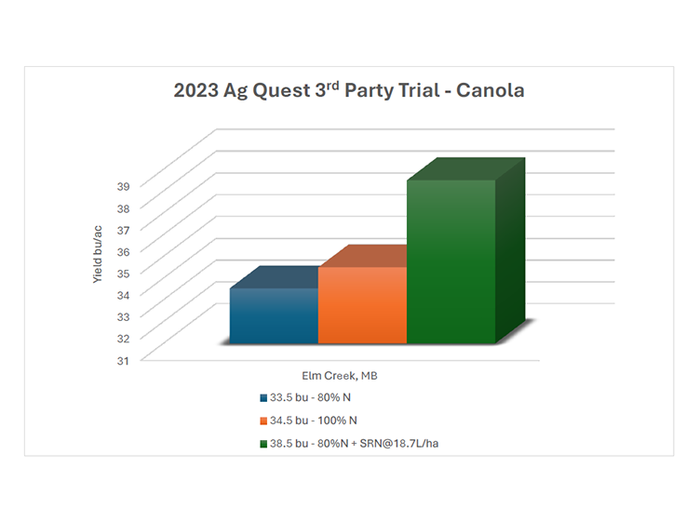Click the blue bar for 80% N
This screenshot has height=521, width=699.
(274, 315)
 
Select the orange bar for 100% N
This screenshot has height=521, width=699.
(362, 305)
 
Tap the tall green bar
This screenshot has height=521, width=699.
(451, 261)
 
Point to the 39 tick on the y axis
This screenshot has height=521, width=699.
(124, 186)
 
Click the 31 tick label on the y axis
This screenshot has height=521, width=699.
(124, 361)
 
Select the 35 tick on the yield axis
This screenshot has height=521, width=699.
(124, 274)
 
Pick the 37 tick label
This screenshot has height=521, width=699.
(124, 230)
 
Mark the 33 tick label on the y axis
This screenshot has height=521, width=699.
(124, 317)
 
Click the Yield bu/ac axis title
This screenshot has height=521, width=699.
(97, 254)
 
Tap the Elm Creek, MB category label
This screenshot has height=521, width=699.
(340, 376)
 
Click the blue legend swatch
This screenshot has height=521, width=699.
(263, 397)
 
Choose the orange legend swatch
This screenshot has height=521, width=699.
(263, 421)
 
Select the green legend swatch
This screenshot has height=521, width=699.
(263, 444)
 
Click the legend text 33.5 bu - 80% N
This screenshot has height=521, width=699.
(310, 397)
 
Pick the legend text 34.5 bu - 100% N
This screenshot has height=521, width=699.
(314, 421)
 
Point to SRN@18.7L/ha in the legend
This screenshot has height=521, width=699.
(399, 444)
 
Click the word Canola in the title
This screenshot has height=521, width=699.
(490, 90)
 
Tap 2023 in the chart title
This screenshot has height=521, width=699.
(195, 90)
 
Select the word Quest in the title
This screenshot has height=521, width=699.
(281, 91)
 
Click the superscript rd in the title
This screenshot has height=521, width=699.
(333, 85)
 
